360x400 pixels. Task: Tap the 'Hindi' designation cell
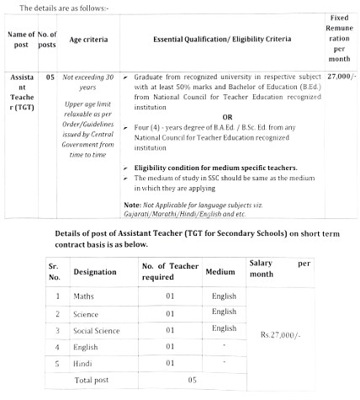[x=84, y=362]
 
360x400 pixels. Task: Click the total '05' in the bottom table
[x=192, y=380]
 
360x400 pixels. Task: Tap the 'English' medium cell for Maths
[x=224, y=296]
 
